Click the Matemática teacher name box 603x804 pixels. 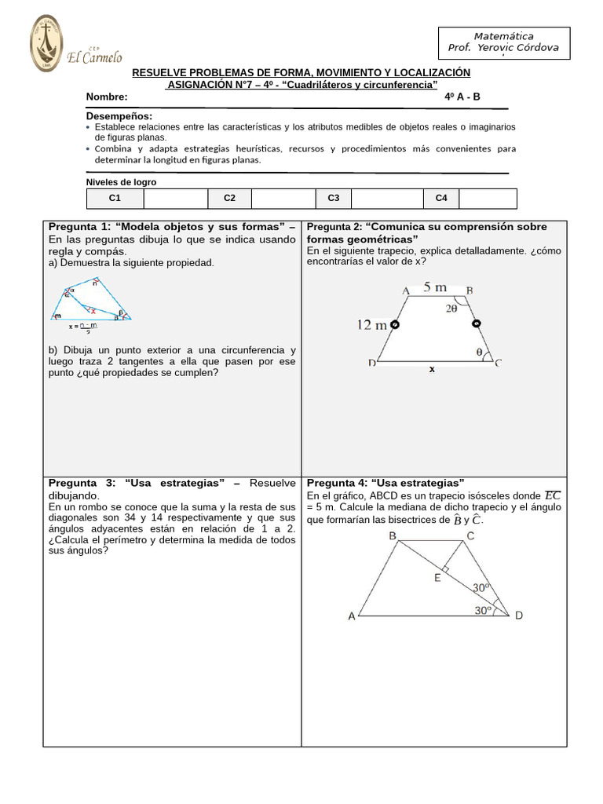(x=503, y=42)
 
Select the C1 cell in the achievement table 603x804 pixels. (x=115, y=199)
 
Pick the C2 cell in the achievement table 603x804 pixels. (x=230, y=199)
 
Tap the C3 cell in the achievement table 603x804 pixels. (x=334, y=199)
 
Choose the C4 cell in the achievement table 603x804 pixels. (x=441, y=199)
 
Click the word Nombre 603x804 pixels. (x=107, y=97)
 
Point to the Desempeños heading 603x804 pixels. (x=119, y=116)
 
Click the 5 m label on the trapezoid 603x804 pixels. (x=435, y=288)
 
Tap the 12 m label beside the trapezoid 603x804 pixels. (x=371, y=324)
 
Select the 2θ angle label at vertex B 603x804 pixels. (x=451, y=309)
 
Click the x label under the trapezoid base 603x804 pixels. (x=431, y=368)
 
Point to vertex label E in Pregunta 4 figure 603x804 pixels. (x=437, y=579)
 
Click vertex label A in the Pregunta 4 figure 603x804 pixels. (x=351, y=616)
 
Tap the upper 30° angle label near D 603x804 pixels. (x=481, y=587)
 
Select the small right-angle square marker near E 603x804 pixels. (x=445, y=567)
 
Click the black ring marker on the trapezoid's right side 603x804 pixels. (x=475, y=323)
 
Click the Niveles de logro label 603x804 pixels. (x=121, y=182)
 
